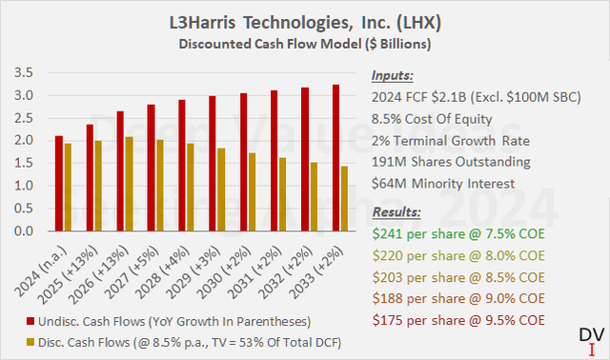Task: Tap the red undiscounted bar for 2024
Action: point(60,184)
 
